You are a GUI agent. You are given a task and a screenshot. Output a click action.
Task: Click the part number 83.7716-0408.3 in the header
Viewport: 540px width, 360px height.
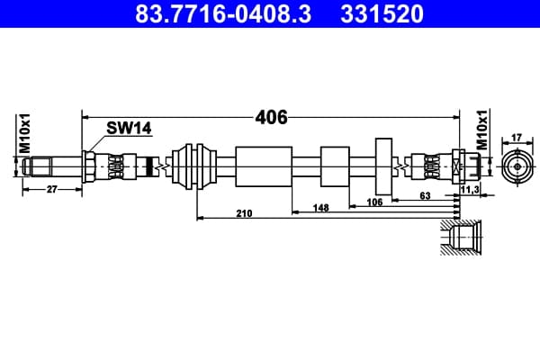coord(223,13)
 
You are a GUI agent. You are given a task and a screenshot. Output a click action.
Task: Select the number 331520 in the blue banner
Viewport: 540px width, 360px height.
coord(382,13)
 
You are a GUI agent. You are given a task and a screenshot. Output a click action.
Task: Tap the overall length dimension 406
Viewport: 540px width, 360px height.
coord(271,118)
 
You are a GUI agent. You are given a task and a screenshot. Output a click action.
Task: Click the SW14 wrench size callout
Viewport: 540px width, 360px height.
coord(129,128)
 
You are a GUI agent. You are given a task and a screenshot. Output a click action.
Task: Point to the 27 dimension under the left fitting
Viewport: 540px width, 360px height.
coord(51,190)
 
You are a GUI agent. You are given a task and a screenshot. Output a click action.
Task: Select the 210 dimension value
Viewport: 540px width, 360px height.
coord(244,213)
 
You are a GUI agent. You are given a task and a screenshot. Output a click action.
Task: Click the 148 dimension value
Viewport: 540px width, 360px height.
coord(320,208)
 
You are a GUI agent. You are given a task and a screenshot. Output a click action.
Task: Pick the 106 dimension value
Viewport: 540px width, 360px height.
coord(374,202)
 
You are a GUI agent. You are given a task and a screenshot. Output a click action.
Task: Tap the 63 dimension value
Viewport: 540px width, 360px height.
coord(425,195)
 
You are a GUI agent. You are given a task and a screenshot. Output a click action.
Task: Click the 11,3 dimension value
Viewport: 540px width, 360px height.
coord(470,190)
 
